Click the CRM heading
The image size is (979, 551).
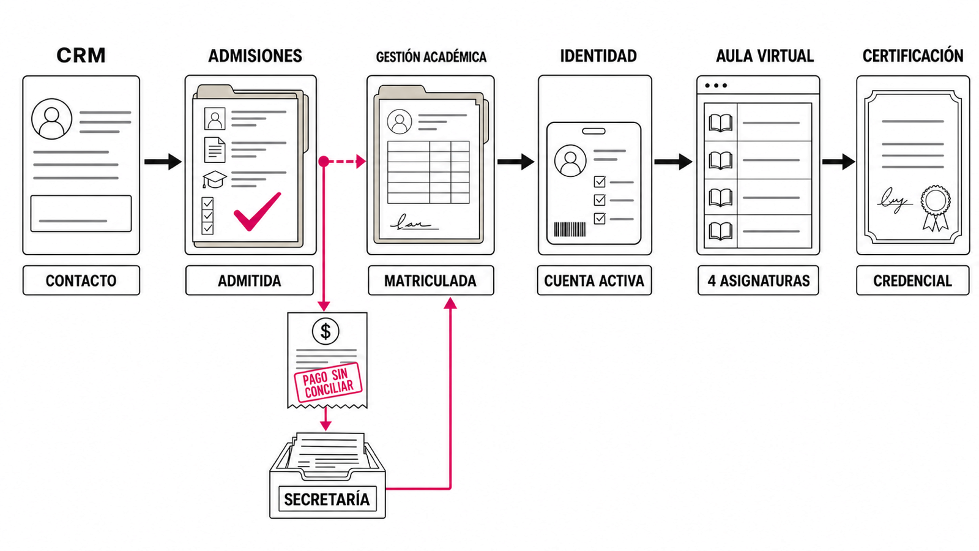pyautogui.click(x=81, y=56)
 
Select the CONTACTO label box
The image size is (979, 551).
pyautogui.click(x=81, y=280)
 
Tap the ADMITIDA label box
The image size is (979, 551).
pyautogui.click(x=250, y=280)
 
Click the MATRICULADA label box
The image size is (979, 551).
pyautogui.click(x=431, y=280)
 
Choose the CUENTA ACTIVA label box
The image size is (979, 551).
pyautogui.click(x=594, y=280)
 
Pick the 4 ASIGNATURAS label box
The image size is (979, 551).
pyautogui.click(x=758, y=280)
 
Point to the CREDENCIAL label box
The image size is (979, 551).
pyautogui.click(x=912, y=280)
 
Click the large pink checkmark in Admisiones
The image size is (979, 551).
pyautogui.click(x=258, y=212)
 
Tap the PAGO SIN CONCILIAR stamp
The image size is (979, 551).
pyautogui.click(x=328, y=382)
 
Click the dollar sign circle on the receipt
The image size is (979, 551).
pyautogui.click(x=326, y=331)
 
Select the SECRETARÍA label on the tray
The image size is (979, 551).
pyautogui.click(x=327, y=499)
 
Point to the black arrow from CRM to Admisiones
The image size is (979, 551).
pyautogui.click(x=163, y=162)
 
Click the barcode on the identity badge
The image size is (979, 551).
pyautogui.click(x=570, y=229)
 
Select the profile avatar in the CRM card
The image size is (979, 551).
pyautogui.click(x=51, y=119)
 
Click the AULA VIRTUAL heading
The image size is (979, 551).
pyautogui.click(x=765, y=56)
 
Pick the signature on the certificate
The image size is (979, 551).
pyautogui.click(x=893, y=200)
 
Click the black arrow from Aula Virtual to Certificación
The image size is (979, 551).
pyautogui.click(x=839, y=162)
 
